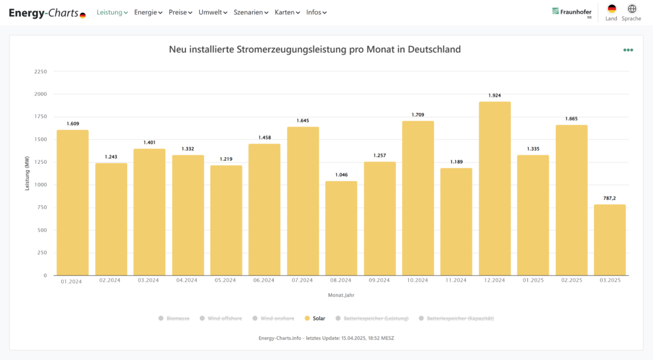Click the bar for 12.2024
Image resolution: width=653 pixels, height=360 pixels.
point(495,188)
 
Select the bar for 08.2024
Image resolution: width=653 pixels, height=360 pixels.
point(341,228)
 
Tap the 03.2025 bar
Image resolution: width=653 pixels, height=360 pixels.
point(610,240)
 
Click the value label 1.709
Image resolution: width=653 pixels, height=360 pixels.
point(418,115)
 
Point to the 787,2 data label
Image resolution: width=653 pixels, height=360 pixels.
point(610,198)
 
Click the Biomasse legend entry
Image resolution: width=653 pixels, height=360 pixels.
point(174,318)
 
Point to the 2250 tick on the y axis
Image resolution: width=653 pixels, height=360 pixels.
point(41,71)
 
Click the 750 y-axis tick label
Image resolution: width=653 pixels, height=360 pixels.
point(42,207)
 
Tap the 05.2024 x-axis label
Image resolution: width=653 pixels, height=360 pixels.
point(225,280)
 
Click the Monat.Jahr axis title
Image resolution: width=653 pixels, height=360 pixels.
point(341,295)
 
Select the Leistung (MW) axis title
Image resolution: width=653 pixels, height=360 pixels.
point(27,173)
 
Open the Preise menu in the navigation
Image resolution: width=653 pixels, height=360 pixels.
point(180,13)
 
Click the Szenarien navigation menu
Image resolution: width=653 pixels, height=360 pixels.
point(251,13)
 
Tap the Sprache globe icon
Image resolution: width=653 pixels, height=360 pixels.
point(631,9)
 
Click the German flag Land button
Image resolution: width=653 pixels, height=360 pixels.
point(612,9)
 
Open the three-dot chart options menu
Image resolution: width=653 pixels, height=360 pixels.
point(628,50)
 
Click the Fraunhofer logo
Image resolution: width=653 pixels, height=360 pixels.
point(571,12)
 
